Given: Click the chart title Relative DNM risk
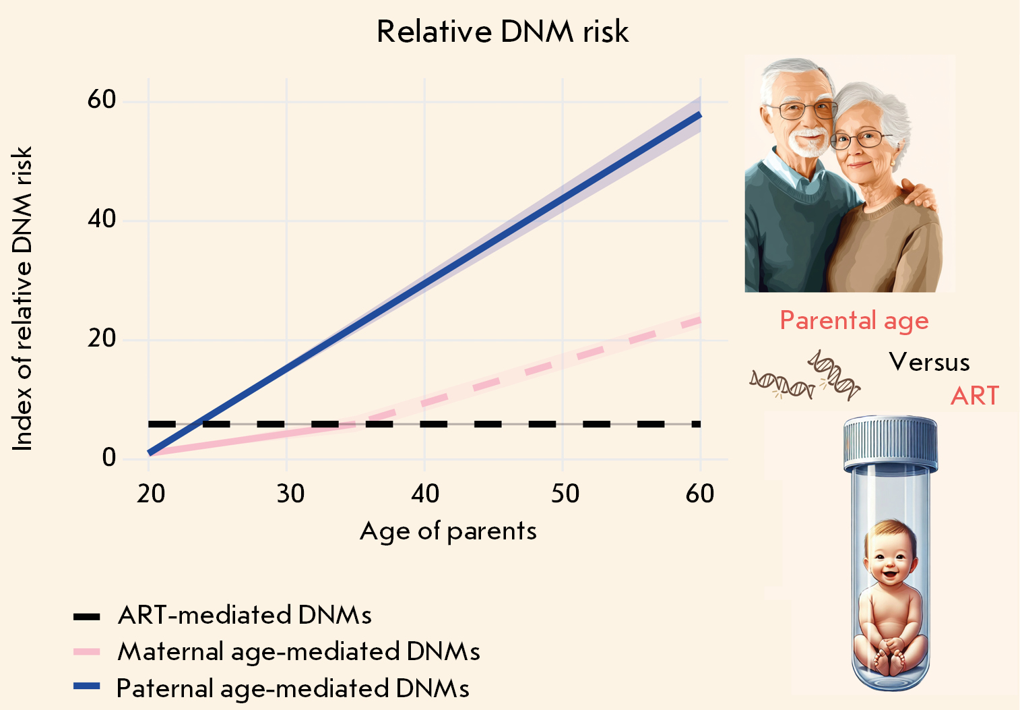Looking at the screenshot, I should (503, 32).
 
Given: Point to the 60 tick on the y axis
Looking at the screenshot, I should (102, 100).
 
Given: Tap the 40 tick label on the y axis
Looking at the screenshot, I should (102, 219).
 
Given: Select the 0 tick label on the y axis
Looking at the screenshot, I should (109, 458).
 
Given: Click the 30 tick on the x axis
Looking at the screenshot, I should (290, 494).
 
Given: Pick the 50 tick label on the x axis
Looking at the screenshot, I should (565, 494).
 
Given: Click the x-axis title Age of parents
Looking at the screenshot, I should (448, 531).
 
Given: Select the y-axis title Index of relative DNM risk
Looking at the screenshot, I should (22, 299).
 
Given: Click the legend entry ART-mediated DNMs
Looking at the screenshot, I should (245, 615).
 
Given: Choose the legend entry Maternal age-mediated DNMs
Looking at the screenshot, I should (298, 651).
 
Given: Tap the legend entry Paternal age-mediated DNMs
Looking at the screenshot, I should (293, 688).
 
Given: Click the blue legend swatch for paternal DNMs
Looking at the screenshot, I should (86, 686).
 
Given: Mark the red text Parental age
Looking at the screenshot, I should (854, 321).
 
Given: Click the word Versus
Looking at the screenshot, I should (929, 363).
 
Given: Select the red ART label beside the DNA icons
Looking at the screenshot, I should (974, 396).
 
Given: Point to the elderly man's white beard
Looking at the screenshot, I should (807, 143).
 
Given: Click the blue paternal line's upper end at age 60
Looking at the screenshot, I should (699, 115).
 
